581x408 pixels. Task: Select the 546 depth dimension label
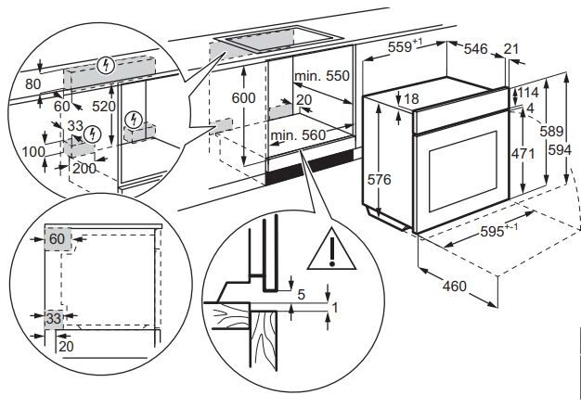[x=476, y=48]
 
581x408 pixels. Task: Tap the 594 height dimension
[x=560, y=150]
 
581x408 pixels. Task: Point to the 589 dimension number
[x=551, y=131]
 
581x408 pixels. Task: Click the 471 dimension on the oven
[x=523, y=153]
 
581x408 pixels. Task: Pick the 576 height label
[x=379, y=180]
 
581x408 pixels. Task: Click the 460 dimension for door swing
[x=454, y=286]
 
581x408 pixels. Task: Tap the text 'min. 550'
[x=322, y=76]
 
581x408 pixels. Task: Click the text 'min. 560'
[x=298, y=135]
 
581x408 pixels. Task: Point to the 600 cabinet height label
[x=243, y=97]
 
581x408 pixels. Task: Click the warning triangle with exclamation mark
[x=331, y=250]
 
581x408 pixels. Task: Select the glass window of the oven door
[x=463, y=172]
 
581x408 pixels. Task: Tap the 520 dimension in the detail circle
[x=104, y=107]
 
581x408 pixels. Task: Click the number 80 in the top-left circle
[x=33, y=84]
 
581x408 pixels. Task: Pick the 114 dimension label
[x=528, y=92]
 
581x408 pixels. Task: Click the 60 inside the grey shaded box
[x=57, y=239]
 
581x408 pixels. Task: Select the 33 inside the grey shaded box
[x=53, y=318]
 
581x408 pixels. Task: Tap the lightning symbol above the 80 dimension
[x=107, y=65]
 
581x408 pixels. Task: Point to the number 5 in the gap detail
[x=302, y=295]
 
